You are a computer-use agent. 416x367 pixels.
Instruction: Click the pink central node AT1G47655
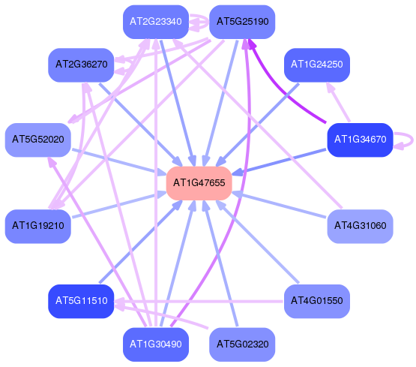tap(199, 183)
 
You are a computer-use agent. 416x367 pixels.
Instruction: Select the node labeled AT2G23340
tap(156, 22)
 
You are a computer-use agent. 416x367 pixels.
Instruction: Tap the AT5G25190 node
tap(242, 22)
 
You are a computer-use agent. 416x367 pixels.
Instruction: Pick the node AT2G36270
tap(81, 65)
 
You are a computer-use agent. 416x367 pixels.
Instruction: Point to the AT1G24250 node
tap(317, 65)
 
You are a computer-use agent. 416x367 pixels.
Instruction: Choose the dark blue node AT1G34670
tap(360, 140)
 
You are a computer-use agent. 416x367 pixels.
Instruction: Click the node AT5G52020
tap(38, 140)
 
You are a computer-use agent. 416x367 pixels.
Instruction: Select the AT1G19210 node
tap(38, 226)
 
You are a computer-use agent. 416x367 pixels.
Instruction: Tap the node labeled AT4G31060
tap(360, 226)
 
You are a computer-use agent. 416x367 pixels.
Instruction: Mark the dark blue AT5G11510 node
tap(81, 301)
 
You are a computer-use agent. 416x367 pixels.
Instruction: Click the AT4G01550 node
tap(317, 301)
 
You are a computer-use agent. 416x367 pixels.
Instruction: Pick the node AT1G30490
tap(156, 344)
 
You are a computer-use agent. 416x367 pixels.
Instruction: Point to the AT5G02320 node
tap(242, 344)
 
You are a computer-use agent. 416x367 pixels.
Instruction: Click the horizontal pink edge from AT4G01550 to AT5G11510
tap(199, 302)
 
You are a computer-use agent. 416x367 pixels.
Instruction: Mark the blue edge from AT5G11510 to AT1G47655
tap(141, 241)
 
